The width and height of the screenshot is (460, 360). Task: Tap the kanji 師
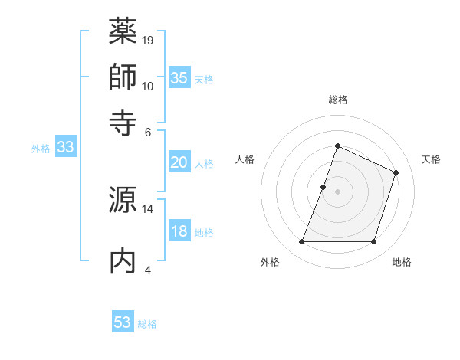(123, 77)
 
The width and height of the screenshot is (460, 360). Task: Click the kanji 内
(123, 260)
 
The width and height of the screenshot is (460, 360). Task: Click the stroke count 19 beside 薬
(148, 40)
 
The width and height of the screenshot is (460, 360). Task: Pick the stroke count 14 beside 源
(148, 208)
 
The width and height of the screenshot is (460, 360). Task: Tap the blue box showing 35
(179, 78)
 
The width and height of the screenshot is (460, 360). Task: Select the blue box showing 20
(179, 162)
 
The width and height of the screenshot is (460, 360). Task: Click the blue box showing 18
(179, 231)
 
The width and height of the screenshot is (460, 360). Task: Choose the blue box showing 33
(64, 148)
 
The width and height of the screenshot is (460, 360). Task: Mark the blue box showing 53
(122, 322)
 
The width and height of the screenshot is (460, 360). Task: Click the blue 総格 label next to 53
(147, 324)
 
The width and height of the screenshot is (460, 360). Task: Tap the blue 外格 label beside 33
(40, 149)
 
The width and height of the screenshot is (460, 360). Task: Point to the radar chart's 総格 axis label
(337, 100)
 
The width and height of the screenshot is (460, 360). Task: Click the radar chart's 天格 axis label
(431, 159)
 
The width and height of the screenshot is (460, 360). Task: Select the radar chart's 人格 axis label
(245, 159)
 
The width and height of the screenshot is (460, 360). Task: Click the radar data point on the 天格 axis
(396, 172)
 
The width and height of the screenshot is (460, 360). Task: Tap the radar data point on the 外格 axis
(301, 242)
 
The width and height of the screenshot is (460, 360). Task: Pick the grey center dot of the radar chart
(337, 191)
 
